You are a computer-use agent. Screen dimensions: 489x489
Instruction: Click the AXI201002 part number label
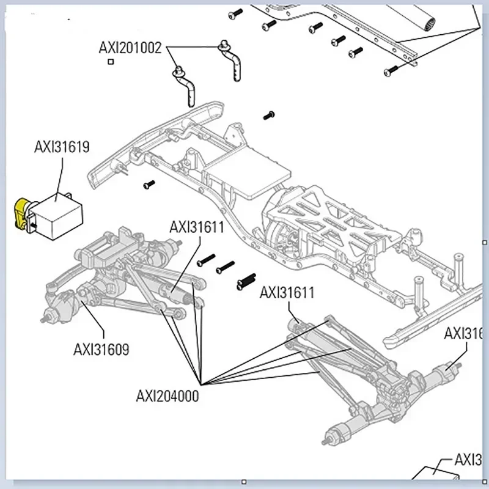coord(130,48)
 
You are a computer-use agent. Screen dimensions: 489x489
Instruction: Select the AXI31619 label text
coord(61,147)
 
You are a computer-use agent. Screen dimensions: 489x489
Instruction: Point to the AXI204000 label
coord(167,395)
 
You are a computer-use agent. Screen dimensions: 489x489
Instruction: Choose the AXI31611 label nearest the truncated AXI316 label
coord(287,292)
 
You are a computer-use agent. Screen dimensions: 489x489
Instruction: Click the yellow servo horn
coord(23,214)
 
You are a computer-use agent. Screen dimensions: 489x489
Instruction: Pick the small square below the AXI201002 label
coord(110,61)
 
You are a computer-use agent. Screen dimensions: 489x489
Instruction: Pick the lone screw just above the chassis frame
coord(268,114)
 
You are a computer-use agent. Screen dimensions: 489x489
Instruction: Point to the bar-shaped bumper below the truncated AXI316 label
coord(422,318)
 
